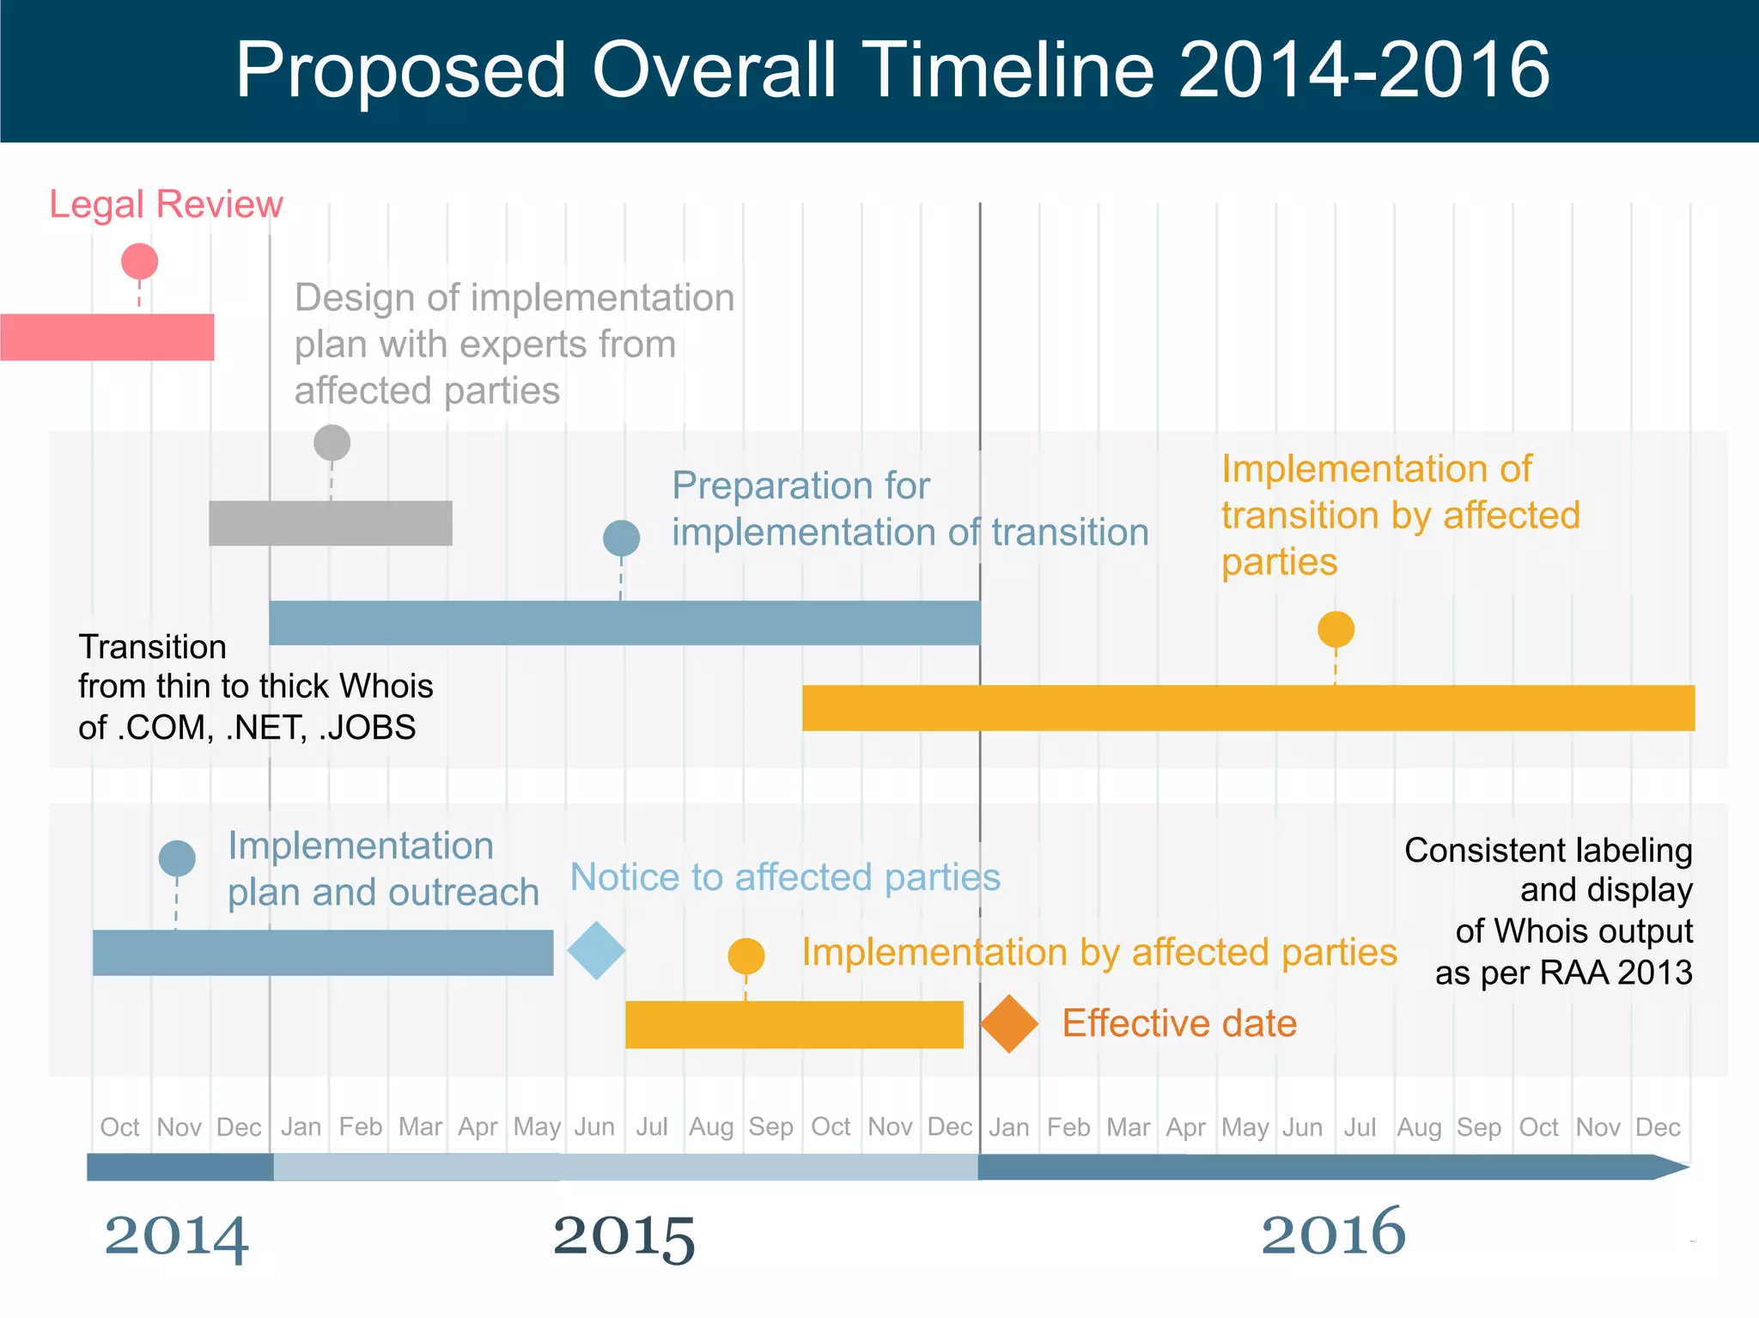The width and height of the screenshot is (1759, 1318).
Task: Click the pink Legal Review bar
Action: (x=107, y=337)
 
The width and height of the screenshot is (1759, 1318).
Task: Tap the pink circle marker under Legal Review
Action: (x=140, y=261)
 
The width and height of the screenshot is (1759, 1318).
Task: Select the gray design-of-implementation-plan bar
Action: (x=331, y=523)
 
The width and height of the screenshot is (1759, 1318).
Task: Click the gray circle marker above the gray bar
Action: (x=332, y=443)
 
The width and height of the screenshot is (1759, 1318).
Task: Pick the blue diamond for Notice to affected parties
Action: (x=596, y=950)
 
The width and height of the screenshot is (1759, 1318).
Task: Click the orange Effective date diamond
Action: (x=1009, y=1023)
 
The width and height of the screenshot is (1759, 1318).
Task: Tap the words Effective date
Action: (x=1178, y=1023)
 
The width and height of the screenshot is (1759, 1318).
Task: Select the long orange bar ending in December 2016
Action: (x=1248, y=708)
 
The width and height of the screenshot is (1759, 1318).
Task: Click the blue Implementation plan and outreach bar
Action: (x=323, y=952)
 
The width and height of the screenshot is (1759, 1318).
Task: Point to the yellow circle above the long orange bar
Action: (x=1336, y=630)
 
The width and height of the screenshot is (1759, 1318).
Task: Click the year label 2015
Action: (x=624, y=1236)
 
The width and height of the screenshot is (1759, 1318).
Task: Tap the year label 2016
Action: (x=1333, y=1233)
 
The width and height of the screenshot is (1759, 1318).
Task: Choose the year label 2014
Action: (x=176, y=1236)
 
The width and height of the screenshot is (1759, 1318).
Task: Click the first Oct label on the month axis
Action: (x=119, y=1127)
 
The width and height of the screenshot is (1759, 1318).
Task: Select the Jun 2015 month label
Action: (x=594, y=1127)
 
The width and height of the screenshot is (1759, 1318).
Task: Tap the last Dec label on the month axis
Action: (x=1658, y=1127)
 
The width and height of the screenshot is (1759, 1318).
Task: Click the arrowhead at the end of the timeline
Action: (x=1671, y=1167)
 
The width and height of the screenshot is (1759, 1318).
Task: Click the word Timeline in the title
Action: (x=1007, y=70)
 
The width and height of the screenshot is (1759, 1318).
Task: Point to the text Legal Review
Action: (x=166, y=204)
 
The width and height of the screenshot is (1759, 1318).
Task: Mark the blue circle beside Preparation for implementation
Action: (x=621, y=539)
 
